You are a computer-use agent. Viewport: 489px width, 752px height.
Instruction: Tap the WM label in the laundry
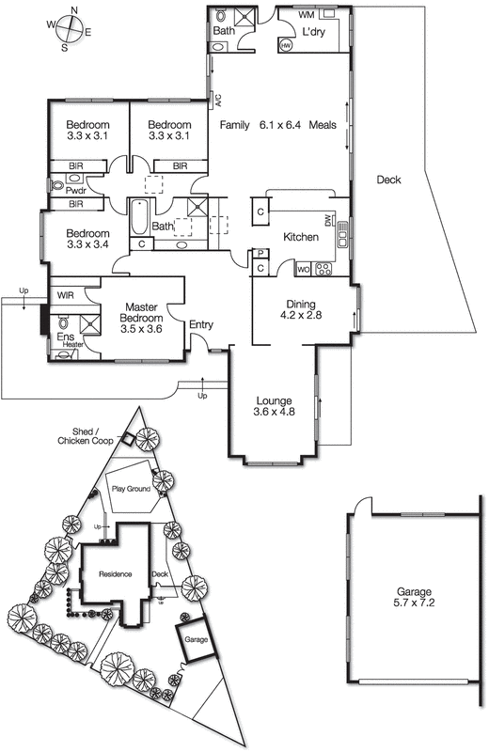307,16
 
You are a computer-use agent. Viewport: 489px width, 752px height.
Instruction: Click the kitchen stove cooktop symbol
324,270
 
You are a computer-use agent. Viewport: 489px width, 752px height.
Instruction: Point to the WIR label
65,295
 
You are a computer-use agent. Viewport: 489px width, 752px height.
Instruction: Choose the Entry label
201,325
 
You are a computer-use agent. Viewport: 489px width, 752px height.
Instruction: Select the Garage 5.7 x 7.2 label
417,598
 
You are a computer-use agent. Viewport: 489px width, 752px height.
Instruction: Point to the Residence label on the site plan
111,573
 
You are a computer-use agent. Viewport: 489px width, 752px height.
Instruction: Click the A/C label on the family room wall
214,98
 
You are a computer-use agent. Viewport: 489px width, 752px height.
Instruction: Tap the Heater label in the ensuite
72,345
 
